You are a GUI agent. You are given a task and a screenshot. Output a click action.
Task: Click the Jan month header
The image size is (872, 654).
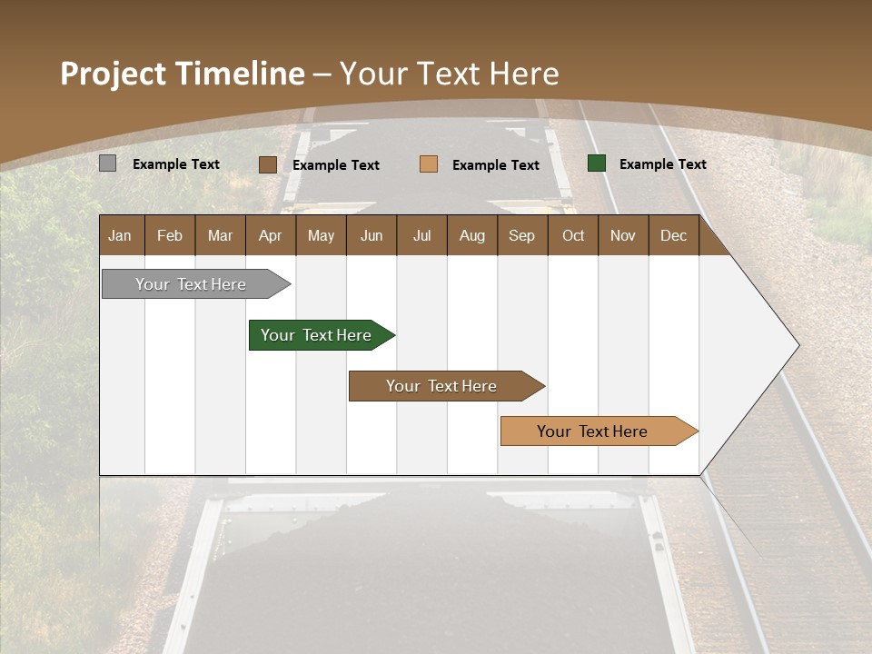(x=120, y=235)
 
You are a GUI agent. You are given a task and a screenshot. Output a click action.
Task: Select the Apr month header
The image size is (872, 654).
(x=270, y=235)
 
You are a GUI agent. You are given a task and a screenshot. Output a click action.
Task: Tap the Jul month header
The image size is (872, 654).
(x=421, y=235)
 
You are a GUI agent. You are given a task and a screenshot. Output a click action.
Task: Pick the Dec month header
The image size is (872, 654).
(x=673, y=235)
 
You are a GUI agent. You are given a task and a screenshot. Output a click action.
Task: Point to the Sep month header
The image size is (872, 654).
(x=521, y=235)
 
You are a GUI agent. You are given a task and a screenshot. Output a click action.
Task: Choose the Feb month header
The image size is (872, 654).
(x=170, y=235)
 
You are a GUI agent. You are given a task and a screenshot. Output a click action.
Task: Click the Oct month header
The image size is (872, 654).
(x=573, y=235)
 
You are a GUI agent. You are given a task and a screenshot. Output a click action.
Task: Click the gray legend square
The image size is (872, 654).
(x=107, y=163)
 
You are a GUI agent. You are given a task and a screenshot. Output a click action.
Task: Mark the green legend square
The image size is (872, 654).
(x=597, y=163)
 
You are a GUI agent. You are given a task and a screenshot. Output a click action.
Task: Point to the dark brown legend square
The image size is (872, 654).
(x=268, y=164)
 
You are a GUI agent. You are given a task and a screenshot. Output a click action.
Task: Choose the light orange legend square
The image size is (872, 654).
(x=429, y=164)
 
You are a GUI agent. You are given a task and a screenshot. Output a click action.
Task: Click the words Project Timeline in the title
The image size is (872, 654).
(x=183, y=74)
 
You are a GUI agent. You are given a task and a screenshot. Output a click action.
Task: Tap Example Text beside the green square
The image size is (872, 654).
(x=662, y=164)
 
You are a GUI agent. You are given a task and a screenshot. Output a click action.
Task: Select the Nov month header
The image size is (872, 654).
(x=623, y=235)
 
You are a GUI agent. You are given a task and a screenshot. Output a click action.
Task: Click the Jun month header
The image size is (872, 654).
(x=372, y=235)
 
